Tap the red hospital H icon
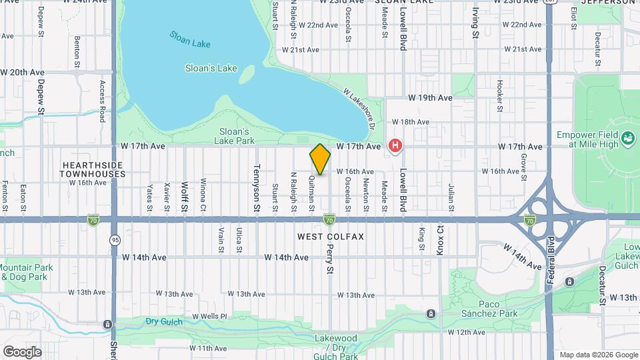coord(396,145)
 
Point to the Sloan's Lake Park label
coord(234,136)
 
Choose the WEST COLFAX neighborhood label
coord(321,237)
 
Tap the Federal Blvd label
coord(551,260)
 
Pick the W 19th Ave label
coord(430,97)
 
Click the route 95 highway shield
coord(115,239)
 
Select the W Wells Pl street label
coord(209,315)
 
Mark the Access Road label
coord(103,101)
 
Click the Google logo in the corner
coord(22,351)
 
